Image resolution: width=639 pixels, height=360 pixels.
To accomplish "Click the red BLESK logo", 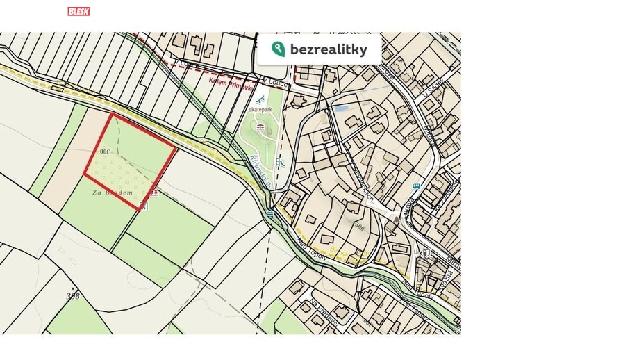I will pos(78,11).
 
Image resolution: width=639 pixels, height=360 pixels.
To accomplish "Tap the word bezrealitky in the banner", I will pos(329,49).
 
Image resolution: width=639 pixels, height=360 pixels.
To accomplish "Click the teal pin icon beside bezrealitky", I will pos(279,49).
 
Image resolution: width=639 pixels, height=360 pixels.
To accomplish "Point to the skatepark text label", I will pos(260,110).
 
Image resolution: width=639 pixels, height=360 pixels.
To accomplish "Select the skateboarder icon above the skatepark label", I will pos(260,99).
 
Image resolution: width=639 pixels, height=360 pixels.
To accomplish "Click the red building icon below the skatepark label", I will pos(260,127).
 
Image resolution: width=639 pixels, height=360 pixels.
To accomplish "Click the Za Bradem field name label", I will pos(112,193).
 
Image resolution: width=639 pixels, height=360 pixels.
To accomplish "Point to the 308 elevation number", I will pos(73,296).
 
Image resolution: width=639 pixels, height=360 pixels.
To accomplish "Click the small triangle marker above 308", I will pos(73,288).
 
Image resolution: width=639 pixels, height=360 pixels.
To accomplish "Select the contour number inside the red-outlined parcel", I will pos(105,152).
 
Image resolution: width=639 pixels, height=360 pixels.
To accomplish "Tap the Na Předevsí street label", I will pos(325,312).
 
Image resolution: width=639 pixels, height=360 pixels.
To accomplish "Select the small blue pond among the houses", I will pos(340,108).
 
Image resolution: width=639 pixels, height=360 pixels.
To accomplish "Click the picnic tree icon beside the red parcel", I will pos(154,193).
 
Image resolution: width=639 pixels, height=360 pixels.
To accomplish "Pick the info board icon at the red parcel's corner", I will pos(143,206).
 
